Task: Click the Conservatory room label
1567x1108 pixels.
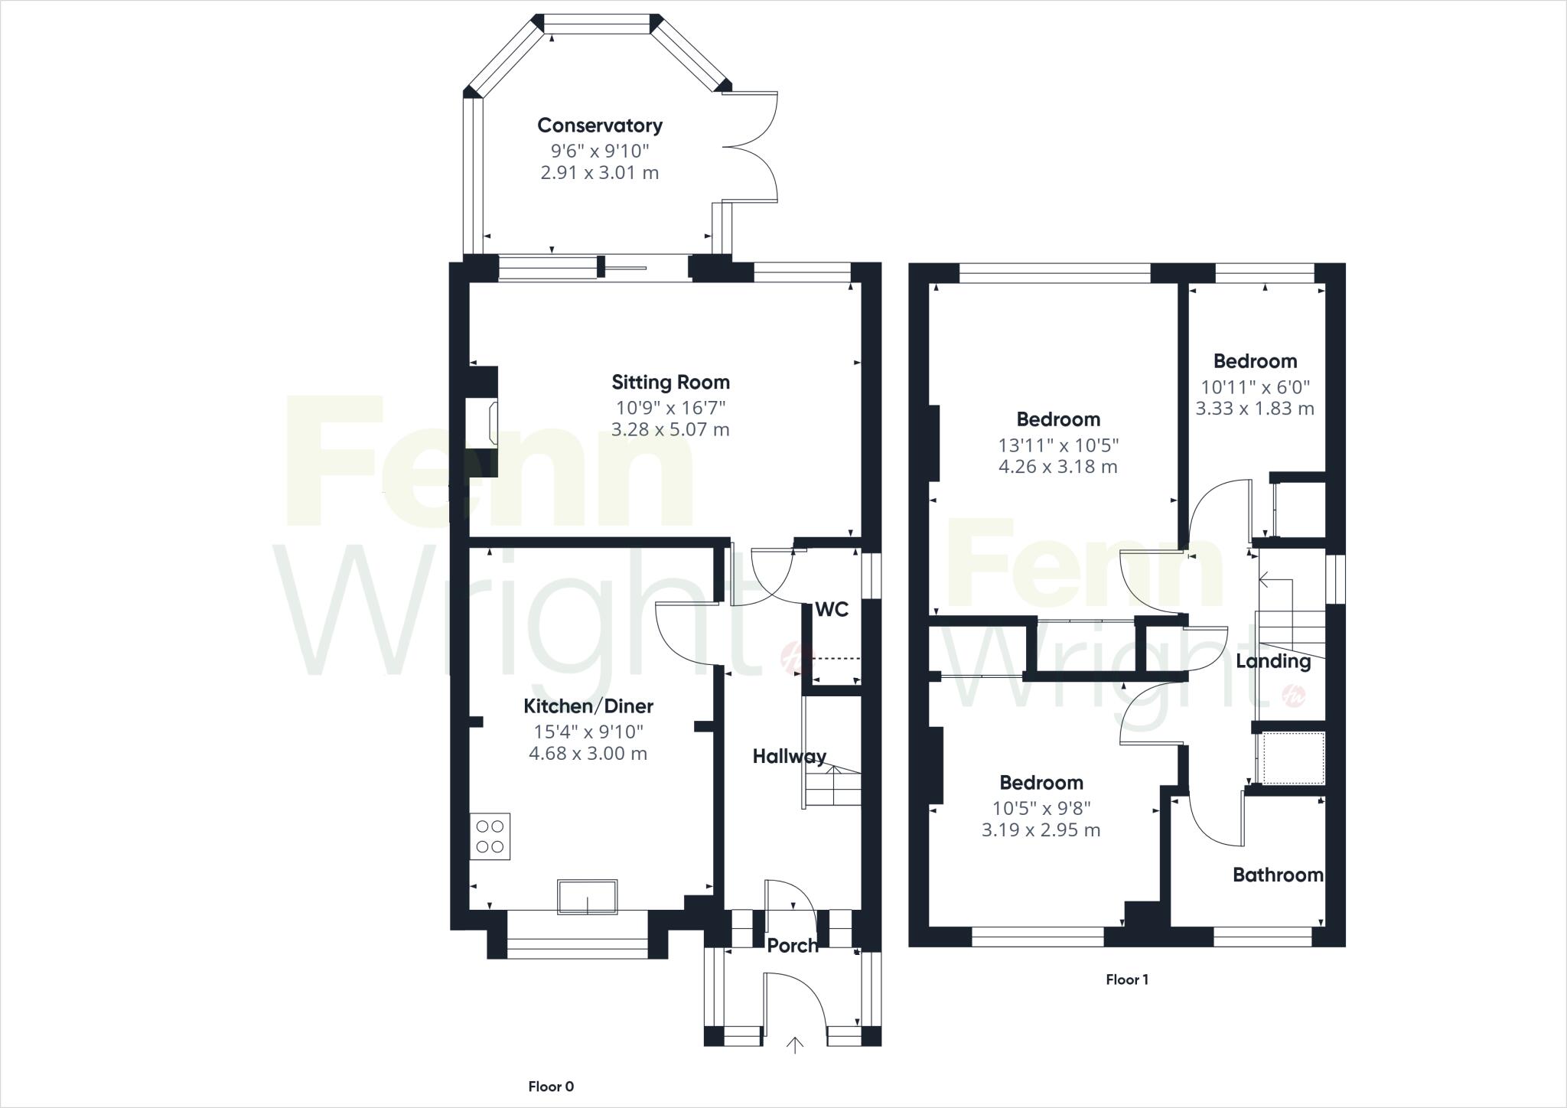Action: (x=599, y=125)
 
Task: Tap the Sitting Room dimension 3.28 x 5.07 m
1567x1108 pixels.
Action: (x=670, y=429)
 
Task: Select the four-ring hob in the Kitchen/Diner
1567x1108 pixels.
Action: (x=490, y=836)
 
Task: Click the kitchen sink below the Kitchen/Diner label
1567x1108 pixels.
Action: (x=587, y=897)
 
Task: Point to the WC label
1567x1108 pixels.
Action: (x=832, y=610)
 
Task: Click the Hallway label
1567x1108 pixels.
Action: (x=789, y=757)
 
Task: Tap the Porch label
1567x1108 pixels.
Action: (x=793, y=946)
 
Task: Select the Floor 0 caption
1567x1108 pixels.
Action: (x=551, y=1087)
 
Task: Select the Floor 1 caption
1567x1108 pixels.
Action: (x=1127, y=979)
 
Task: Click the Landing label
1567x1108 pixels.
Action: (x=1273, y=661)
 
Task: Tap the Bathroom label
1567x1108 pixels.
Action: (x=1278, y=875)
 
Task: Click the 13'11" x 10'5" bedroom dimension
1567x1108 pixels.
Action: (x=1058, y=445)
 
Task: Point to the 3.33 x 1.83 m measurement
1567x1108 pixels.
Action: (x=1255, y=409)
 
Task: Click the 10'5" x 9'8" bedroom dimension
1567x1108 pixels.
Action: (x=1041, y=808)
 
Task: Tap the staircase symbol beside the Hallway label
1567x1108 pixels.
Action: (x=832, y=784)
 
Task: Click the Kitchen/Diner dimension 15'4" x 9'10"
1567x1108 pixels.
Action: (x=588, y=732)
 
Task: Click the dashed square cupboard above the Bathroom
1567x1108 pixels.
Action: (x=1292, y=758)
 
